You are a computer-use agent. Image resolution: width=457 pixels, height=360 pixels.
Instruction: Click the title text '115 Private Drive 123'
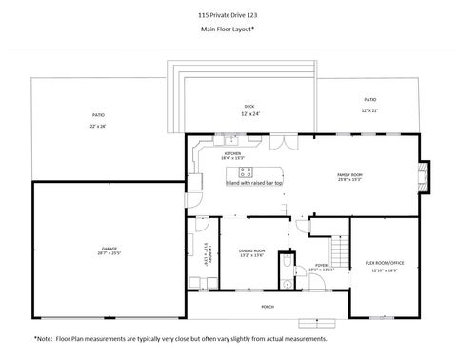point(228,15)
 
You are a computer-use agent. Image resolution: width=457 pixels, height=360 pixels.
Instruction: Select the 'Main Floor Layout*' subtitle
point(228,30)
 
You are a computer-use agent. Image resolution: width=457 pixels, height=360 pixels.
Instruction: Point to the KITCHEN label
point(232,153)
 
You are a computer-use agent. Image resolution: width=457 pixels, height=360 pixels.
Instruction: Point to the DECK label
point(249,106)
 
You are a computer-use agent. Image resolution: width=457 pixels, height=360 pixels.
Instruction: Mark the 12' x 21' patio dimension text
point(370,110)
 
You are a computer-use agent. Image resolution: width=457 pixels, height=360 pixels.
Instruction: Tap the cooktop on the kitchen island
point(247,172)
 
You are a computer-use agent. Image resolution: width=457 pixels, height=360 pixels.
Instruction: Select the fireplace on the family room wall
point(424,175)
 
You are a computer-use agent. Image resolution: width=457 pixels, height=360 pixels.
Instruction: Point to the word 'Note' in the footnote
point(44,338)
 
